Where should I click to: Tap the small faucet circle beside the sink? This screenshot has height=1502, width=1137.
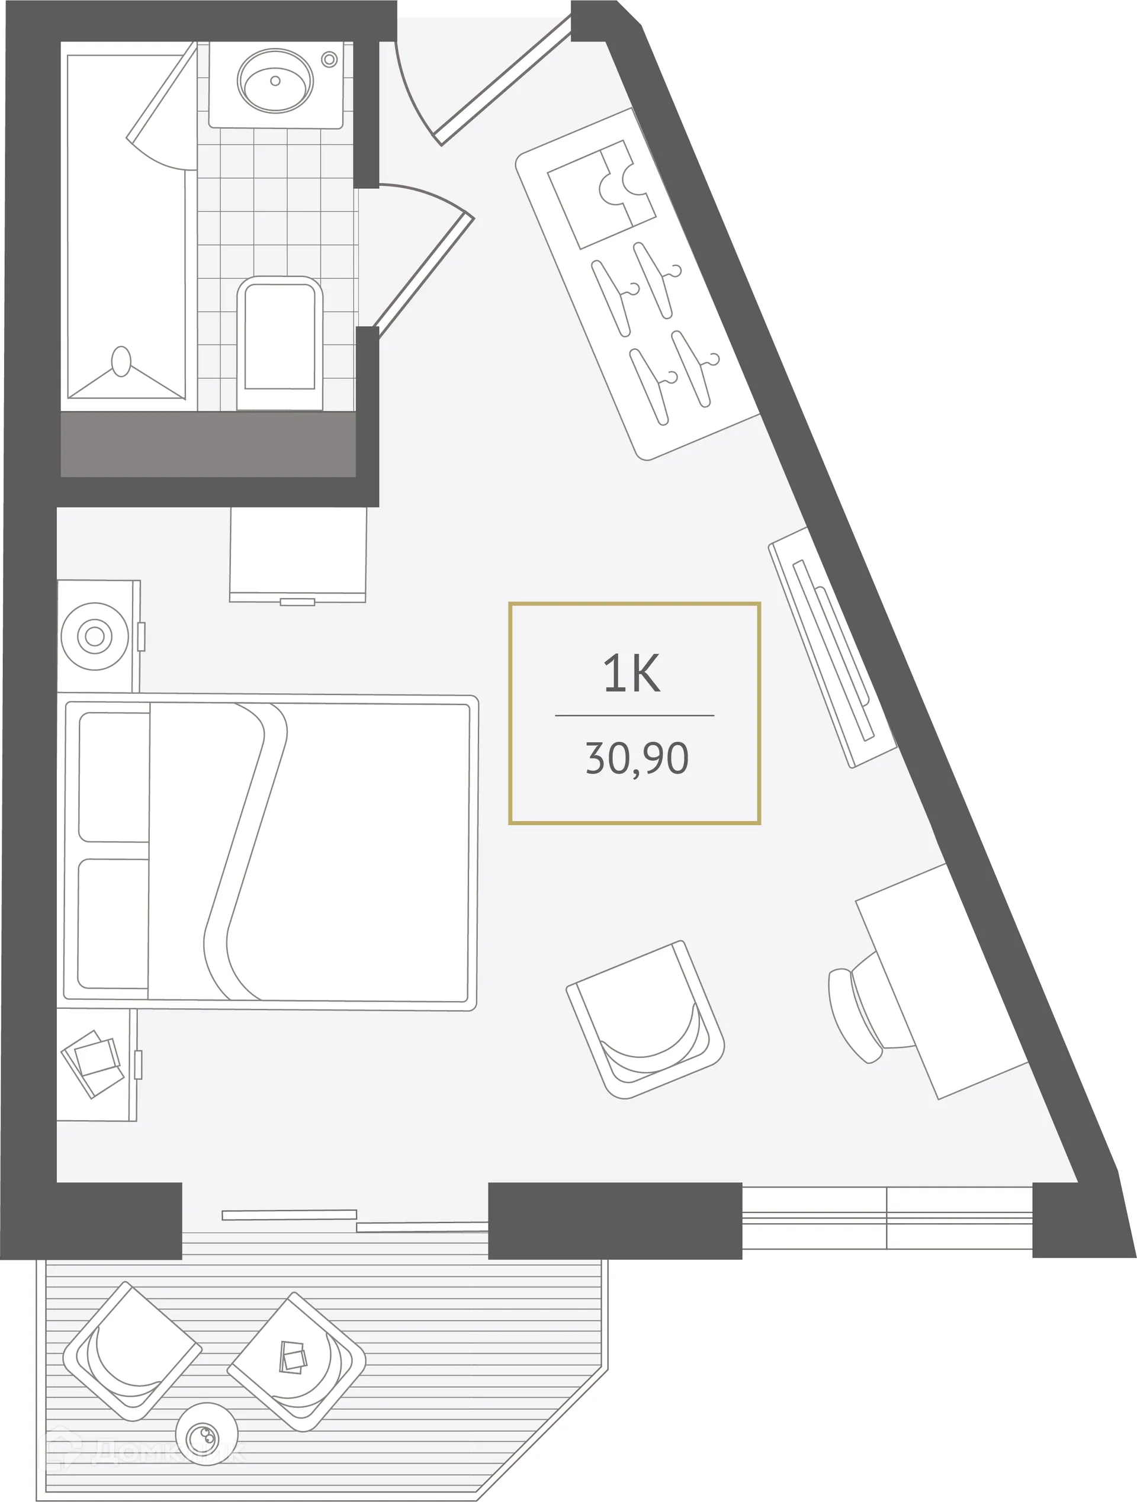(x=329, y=59)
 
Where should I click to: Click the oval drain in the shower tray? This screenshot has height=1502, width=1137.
(x=121, y=361)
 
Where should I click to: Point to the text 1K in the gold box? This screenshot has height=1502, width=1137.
(x=632, y=674)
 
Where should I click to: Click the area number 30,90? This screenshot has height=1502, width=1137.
(x=637, y=758)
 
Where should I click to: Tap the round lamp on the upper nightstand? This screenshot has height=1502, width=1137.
(x=94, y=636)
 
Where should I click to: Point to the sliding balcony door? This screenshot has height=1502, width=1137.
(x=353, y=1221)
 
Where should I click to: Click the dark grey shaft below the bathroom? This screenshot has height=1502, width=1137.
(x=208, y=444)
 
